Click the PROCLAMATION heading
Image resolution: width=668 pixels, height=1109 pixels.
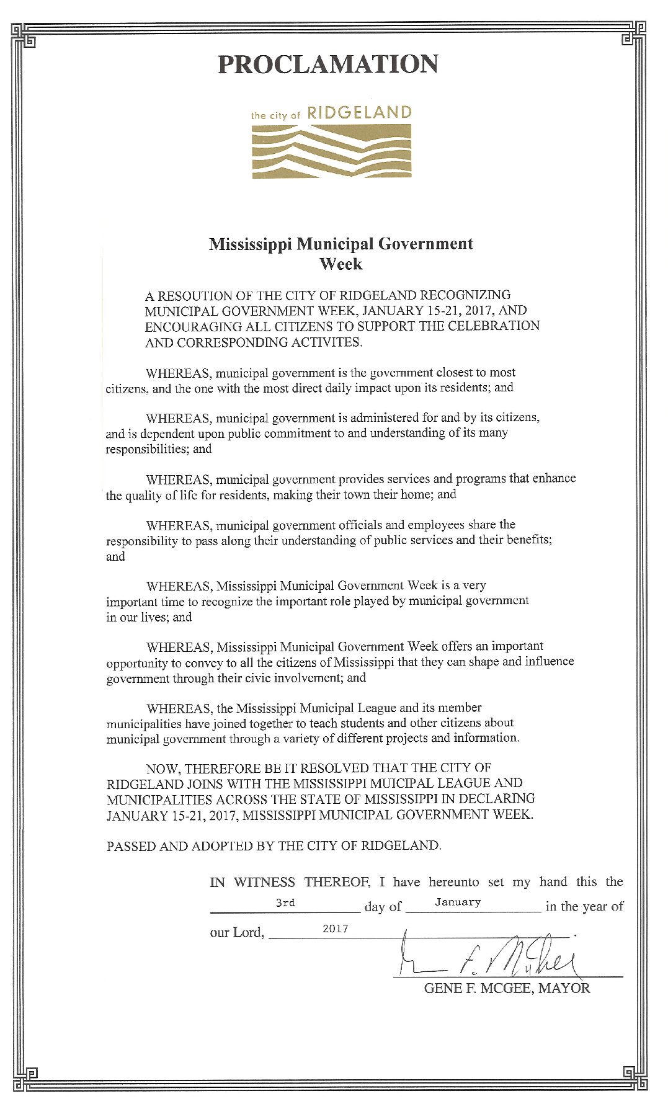point(327,65)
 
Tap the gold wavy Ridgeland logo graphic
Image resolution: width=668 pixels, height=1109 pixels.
point(331,151)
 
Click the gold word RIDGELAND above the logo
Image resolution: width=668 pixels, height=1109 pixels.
point(359,113)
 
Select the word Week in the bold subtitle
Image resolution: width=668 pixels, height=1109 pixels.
point(341,264)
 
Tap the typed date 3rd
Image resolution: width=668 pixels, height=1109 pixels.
point(285,902)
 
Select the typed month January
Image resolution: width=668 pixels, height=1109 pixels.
point(458,902)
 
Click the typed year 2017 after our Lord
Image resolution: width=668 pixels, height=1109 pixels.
point(335,929)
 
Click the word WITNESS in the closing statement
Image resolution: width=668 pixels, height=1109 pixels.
point(264,882)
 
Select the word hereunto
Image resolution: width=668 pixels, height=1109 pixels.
point(453,882)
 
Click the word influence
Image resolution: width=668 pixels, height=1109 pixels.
point(549,661)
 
